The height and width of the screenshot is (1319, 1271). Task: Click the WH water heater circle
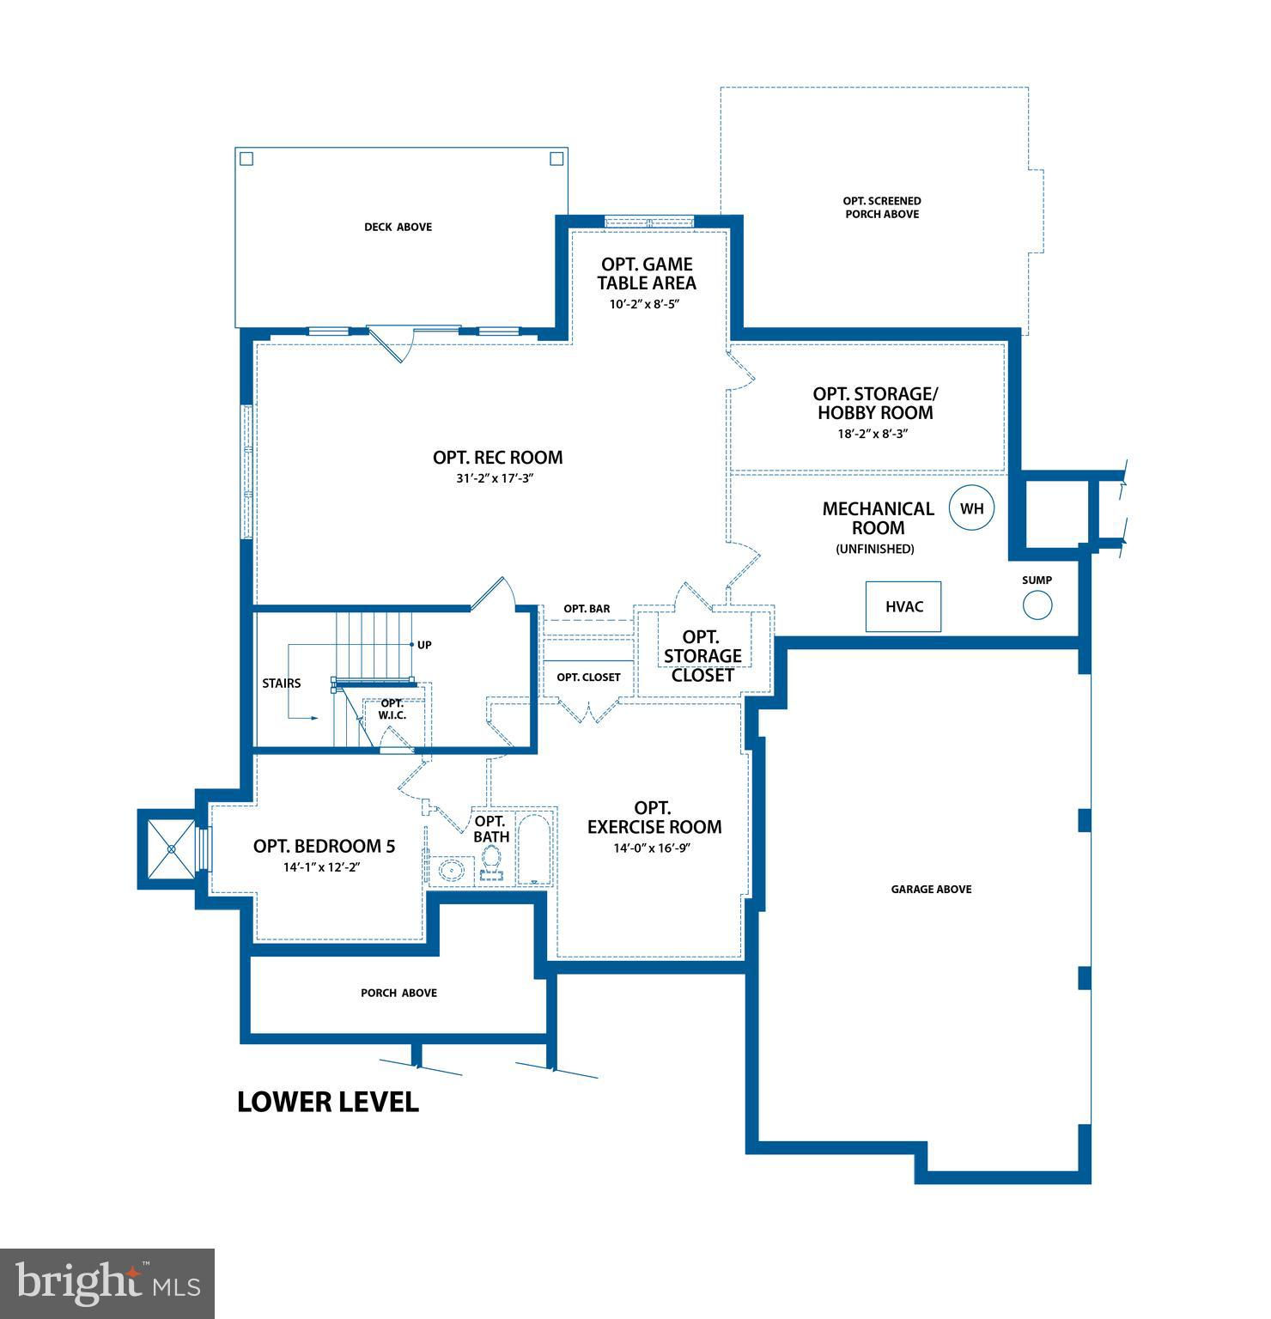[x=971, y=508]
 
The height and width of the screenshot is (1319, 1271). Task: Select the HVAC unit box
[x=903, y=606]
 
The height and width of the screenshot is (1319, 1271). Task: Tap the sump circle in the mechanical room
[x=1037, y=605]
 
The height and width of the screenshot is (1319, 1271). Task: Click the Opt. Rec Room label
[x=498, y=458]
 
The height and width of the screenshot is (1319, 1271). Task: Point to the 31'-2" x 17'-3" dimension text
[x=496, y=478]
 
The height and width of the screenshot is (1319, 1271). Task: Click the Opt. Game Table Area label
[x=647, y=273]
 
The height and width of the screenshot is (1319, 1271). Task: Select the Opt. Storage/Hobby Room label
[x=875, y=403]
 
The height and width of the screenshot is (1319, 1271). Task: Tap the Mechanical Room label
[x=878, y=518]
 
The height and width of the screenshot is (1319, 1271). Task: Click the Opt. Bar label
[x=587, y=609]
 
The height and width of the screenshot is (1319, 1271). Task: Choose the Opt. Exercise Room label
[x=654, y=818]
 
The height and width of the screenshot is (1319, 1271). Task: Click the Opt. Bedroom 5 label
[x=324, y=846]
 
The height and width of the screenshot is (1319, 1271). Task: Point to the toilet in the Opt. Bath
[x=491, y=862]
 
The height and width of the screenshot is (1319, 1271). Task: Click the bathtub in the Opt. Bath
[x=537, y=845]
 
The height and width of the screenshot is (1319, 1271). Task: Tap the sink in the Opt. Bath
[x=451, y=869]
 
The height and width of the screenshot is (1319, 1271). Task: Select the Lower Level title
[x=328, y=1102]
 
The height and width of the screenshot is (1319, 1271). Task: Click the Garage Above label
[x=931, y=889]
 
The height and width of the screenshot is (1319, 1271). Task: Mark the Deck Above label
[x=398, y=227]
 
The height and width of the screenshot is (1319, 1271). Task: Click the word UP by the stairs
[x=424, y=644]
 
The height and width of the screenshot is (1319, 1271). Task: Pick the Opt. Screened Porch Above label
[x=882, y=207]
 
